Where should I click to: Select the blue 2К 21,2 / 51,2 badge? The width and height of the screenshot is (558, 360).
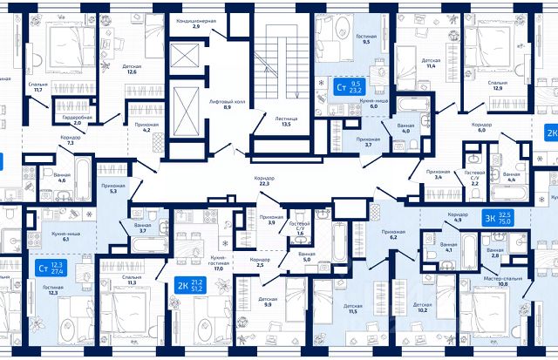pos(189,285)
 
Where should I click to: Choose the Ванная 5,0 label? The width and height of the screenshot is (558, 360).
pos(306,257)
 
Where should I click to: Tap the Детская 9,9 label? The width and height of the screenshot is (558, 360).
pos(267,302)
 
